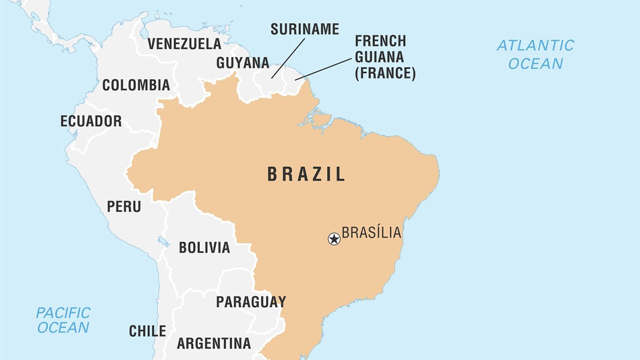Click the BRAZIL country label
coord(306,174)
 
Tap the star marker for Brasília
coord(334,239)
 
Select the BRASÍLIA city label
coord(371,233)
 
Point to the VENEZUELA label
coord(184,44)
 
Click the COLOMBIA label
coord(136,85)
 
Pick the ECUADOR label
coord(91,121)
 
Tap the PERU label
coord(124,206)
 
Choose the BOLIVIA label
coord(204,247)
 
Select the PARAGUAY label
coord(251,302)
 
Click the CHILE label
coord(147,331)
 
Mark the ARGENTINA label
coord(213,343)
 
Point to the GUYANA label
coord(243,63)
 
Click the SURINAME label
coord(305,29)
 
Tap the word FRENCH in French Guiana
coord(380,41)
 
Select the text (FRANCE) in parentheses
coord(385,73)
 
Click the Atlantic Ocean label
coord(535,54)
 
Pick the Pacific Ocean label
coord(63,319)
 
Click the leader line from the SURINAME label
coord(288,58)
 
